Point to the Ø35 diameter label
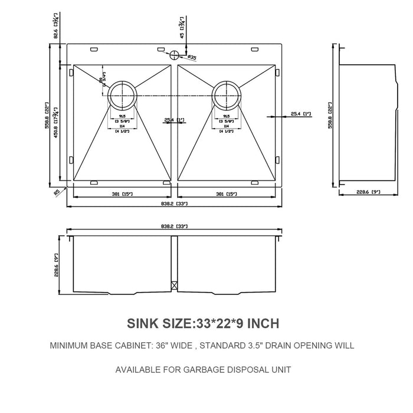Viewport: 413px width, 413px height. tap(192, 57)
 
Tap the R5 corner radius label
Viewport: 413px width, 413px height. tap(55, 192)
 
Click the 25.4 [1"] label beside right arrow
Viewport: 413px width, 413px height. tap(300, 114)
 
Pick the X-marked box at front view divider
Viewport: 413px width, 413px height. tap(174, 284)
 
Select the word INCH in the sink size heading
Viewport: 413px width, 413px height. tap(259, 323)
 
